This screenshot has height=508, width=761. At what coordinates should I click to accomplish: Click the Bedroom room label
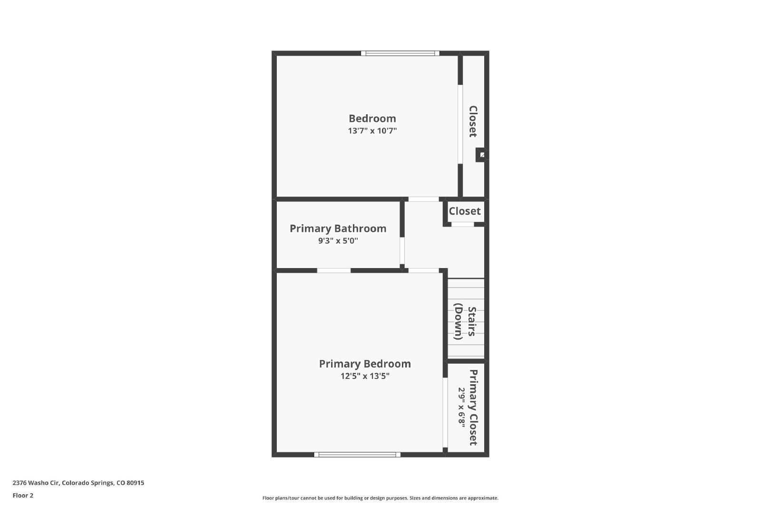click(x=372, y=119)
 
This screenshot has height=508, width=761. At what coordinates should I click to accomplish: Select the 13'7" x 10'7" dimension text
click(x=372, y=131)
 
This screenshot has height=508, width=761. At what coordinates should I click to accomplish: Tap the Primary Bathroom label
click(x=338, y=229)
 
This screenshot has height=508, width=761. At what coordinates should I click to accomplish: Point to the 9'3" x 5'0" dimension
click(x=338, y=241)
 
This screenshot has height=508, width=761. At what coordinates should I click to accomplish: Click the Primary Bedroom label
click(x=365, y=364)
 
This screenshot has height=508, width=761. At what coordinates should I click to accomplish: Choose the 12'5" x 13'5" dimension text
click(x=365, y=376)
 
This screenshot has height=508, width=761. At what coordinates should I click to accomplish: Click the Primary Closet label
click(x=473, y=408)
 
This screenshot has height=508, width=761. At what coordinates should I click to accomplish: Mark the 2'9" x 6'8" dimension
click(x=461, y=408)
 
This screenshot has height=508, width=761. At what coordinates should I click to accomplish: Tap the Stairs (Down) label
click(x=465, y=322)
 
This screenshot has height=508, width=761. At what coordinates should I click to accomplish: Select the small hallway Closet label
click(x=465, y=211)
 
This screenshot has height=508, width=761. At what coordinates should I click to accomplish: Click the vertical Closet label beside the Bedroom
click(x=473, y=121)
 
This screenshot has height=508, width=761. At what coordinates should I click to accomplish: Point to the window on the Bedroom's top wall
click(x=400, y=53)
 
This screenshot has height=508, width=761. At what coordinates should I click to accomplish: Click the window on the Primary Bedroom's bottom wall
click(x=357, y=455)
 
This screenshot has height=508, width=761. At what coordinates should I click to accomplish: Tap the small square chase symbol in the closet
click(x=482, y=155)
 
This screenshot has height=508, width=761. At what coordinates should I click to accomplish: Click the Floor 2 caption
click(x=23, y=496)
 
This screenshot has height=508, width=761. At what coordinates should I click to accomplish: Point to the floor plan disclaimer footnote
click(x=380, y=498)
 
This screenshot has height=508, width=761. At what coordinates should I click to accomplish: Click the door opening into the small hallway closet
click(x=462, y=224)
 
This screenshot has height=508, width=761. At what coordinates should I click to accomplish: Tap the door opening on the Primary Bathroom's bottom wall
click(x=334, y=270)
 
